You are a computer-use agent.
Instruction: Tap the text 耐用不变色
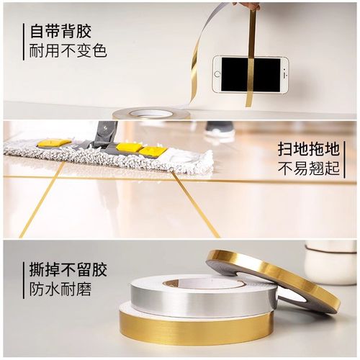pyautogui.click(x=68, y=52)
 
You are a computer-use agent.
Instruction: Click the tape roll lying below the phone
pyautogui.click(x=150, y=113)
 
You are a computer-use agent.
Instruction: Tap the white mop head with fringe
pyautogui.click(x=108, y=157)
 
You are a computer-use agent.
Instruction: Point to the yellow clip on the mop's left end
pyautogui.click(x=53, y=143)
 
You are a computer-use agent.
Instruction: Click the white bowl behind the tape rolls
pyautogui.click(x=329, y=263)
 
